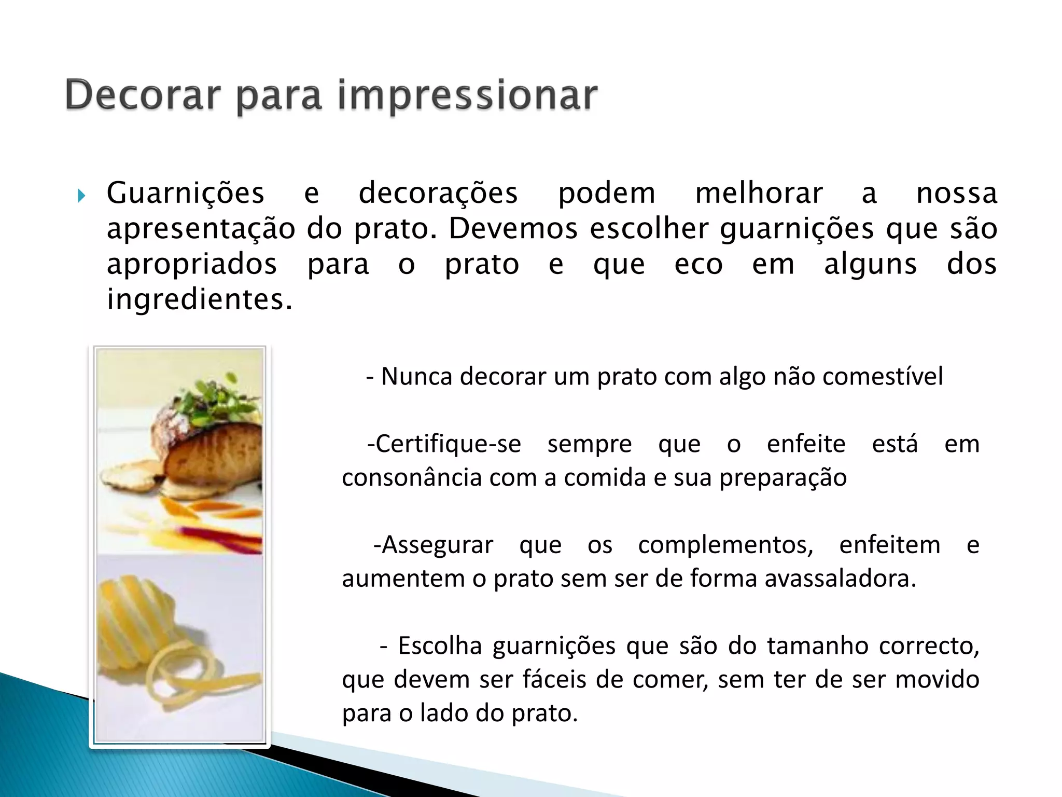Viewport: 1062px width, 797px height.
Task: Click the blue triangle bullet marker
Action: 81,196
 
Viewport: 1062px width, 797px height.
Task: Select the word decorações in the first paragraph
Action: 438,194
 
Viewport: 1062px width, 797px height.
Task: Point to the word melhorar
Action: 759,194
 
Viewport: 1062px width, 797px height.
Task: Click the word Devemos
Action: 513,229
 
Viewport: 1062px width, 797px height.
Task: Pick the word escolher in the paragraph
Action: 649,229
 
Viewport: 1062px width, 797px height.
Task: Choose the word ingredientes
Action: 199,300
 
